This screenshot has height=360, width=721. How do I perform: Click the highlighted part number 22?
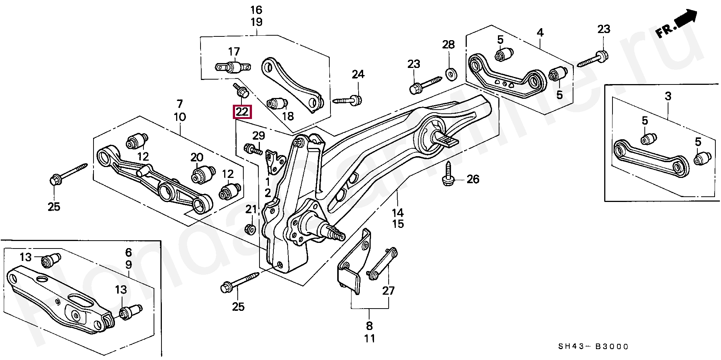click(242, 112)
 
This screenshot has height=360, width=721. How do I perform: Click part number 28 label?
click(448, 45)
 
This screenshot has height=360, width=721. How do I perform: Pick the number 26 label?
click(473, 179)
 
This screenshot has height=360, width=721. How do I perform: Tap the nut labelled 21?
click(250, 229)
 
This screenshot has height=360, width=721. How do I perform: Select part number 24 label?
click(358, 74)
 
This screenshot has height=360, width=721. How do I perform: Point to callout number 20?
click(197, 158)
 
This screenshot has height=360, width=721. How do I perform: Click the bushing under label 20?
click(202, 174)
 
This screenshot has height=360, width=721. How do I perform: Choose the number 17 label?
click(234, 51)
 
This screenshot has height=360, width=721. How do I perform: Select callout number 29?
click(258, 136)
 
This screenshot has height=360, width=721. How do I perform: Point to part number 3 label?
click(668, 96)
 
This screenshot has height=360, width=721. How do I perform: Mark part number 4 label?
click(540, 33)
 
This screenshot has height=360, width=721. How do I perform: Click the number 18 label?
click(288, 116)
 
